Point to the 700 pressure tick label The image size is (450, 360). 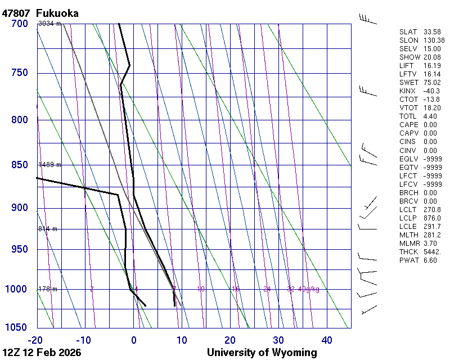[19, 24]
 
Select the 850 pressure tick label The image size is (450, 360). [19, 165]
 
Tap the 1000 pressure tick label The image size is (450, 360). [17, 289]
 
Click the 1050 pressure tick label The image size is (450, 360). [17, 327]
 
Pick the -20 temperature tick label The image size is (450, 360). [36, 340]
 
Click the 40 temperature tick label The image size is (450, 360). [327, 340]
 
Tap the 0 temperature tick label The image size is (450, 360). [134, 340]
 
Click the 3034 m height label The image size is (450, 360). [49, 24]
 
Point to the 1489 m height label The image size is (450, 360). [49, 165]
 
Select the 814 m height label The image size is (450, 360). [48, 229]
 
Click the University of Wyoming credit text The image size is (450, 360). [262, 353]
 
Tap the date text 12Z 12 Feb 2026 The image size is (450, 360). [42, 353]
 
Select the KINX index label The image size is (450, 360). [407, 91]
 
